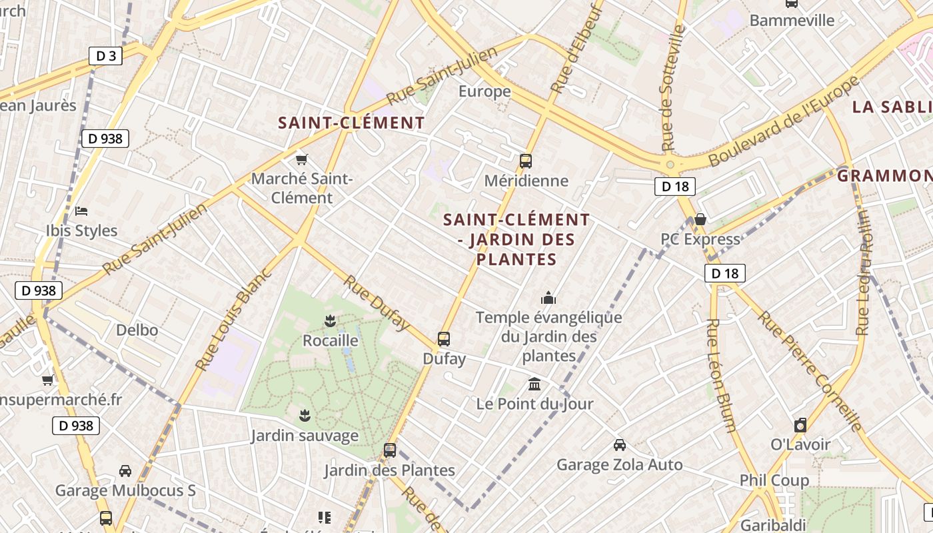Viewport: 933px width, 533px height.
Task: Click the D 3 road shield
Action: pyautogui.click(x=106, y=56)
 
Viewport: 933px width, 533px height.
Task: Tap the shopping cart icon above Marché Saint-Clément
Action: pyautogui.click(x=302, y=159)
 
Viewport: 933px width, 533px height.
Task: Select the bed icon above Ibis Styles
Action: pyautogui.click(x=81, y=211)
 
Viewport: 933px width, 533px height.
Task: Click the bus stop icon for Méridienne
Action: pyautogui.click(x=526, y=161)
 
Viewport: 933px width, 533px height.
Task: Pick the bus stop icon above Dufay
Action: pyautogui.click(x=444, y=338)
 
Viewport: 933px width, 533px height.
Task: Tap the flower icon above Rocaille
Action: pyautogui.click(x=329, y=321)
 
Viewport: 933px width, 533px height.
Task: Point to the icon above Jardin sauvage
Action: pyautogui.click(x=305, y=416)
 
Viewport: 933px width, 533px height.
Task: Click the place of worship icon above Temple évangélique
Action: pyautogui.click(x=548, y=297)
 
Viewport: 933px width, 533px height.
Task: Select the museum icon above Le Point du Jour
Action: pyautogui.click(x=534, y=384)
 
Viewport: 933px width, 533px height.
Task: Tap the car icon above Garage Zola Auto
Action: pyautogui.click(x=619, y=444)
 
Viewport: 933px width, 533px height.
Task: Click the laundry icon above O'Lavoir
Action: pyautogui.click(x=800, y=425)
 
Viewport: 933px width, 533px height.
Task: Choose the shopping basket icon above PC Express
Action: pyautogui.click(x=700, y=219)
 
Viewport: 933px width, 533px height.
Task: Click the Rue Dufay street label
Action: pyautogui.click(x=377, y=302)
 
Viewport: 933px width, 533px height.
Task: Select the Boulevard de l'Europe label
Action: pyautogui.click(x=784, y=122)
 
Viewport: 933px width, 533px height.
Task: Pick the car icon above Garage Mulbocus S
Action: pyautogui.click(x=125, y=471)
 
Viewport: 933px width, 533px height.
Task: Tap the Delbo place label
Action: pyautogui.click(x=137, y=330)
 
